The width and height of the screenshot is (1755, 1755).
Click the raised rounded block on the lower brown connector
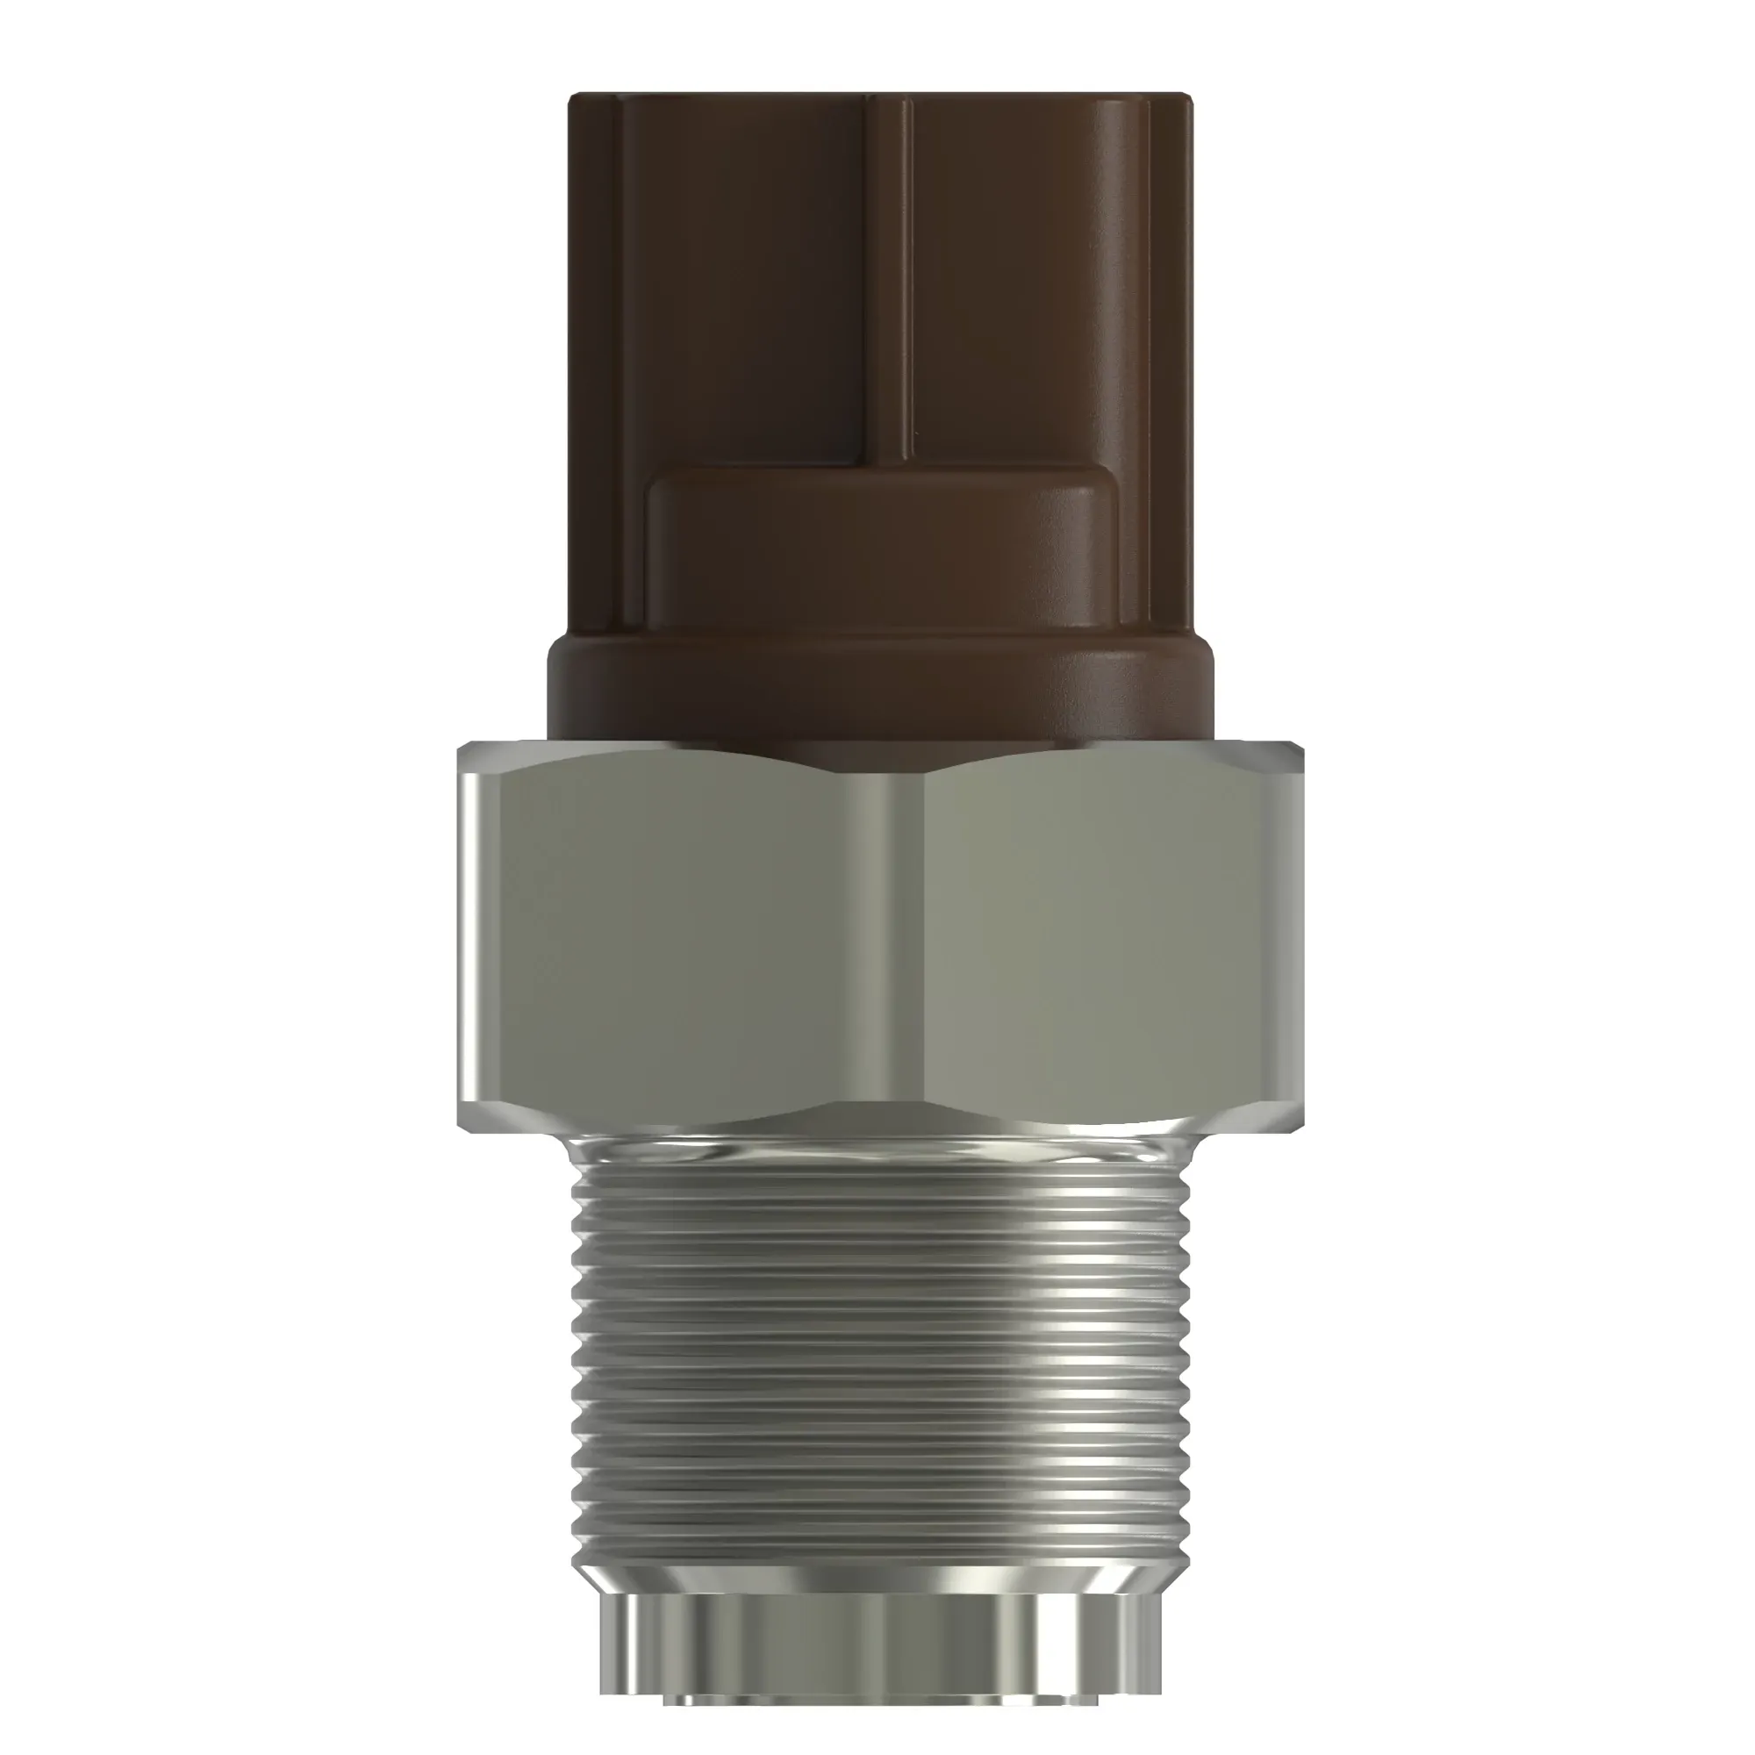[x=881, y=554]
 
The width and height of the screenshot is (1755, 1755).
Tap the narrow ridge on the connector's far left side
[x=595, y=363]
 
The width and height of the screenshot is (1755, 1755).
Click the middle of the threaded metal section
[x=881, y=1353]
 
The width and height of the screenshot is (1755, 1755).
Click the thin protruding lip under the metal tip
[x=881, y=1698]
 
